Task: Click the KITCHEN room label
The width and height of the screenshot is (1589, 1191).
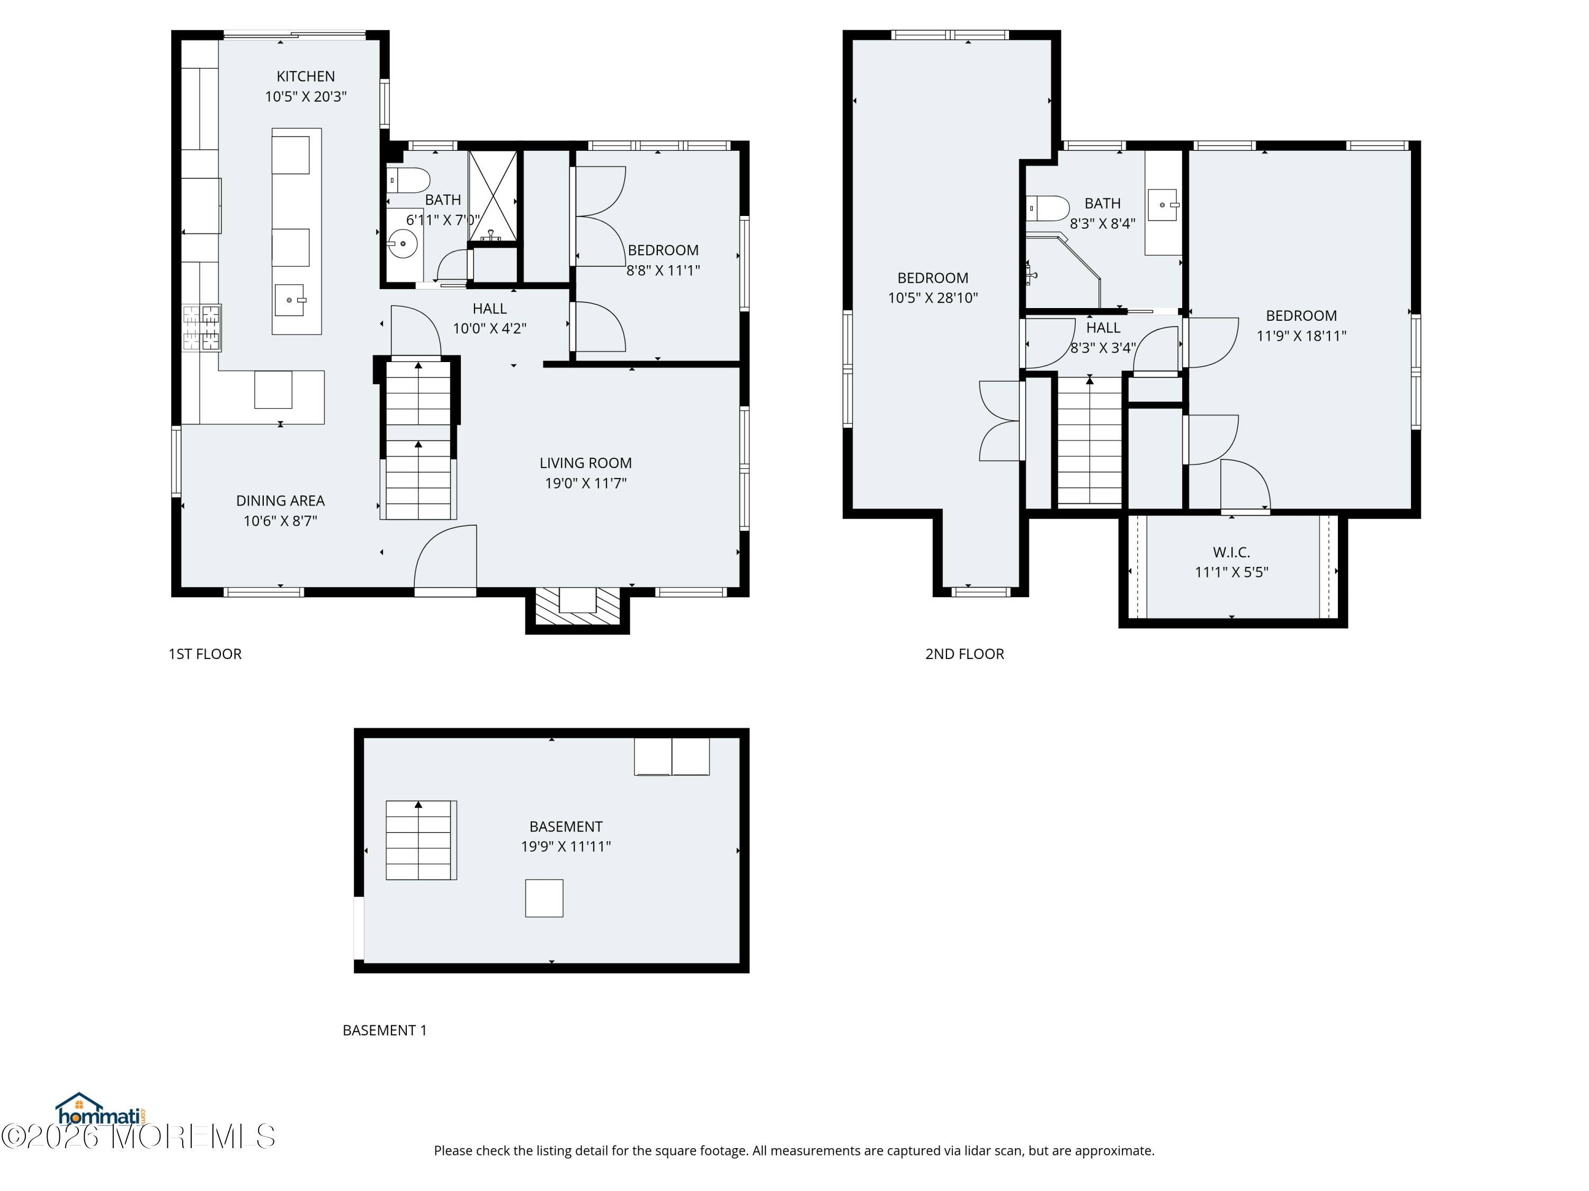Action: (x=306, y=76)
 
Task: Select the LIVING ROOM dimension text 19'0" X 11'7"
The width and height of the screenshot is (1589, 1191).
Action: (x=585, y=483)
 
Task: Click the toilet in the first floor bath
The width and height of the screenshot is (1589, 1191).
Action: (x=408, y=179)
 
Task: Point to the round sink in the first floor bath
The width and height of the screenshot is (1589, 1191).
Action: (x=403, y=244)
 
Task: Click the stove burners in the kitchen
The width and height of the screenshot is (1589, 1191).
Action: (x=201, y=328)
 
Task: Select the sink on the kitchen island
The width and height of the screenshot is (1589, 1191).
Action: (x=290, y=300)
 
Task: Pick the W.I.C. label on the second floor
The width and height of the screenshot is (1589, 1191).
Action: (x=1231, y=552)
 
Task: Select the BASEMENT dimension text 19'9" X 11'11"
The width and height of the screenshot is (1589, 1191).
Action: (x=566, y=846)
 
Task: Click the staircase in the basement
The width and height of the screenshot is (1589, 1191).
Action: (x=421, y=840)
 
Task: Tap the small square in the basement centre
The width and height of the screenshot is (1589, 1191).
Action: (x=544, y=898)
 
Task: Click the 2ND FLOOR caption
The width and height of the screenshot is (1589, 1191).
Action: (x=964, y=654)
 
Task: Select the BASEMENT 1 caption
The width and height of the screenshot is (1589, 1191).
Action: (x=385, y=1030)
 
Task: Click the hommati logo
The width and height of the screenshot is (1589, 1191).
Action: (x=101, y=1110)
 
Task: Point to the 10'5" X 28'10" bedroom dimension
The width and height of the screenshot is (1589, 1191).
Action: (x=932, y=298)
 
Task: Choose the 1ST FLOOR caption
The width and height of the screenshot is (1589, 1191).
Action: (x=205, y=654)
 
